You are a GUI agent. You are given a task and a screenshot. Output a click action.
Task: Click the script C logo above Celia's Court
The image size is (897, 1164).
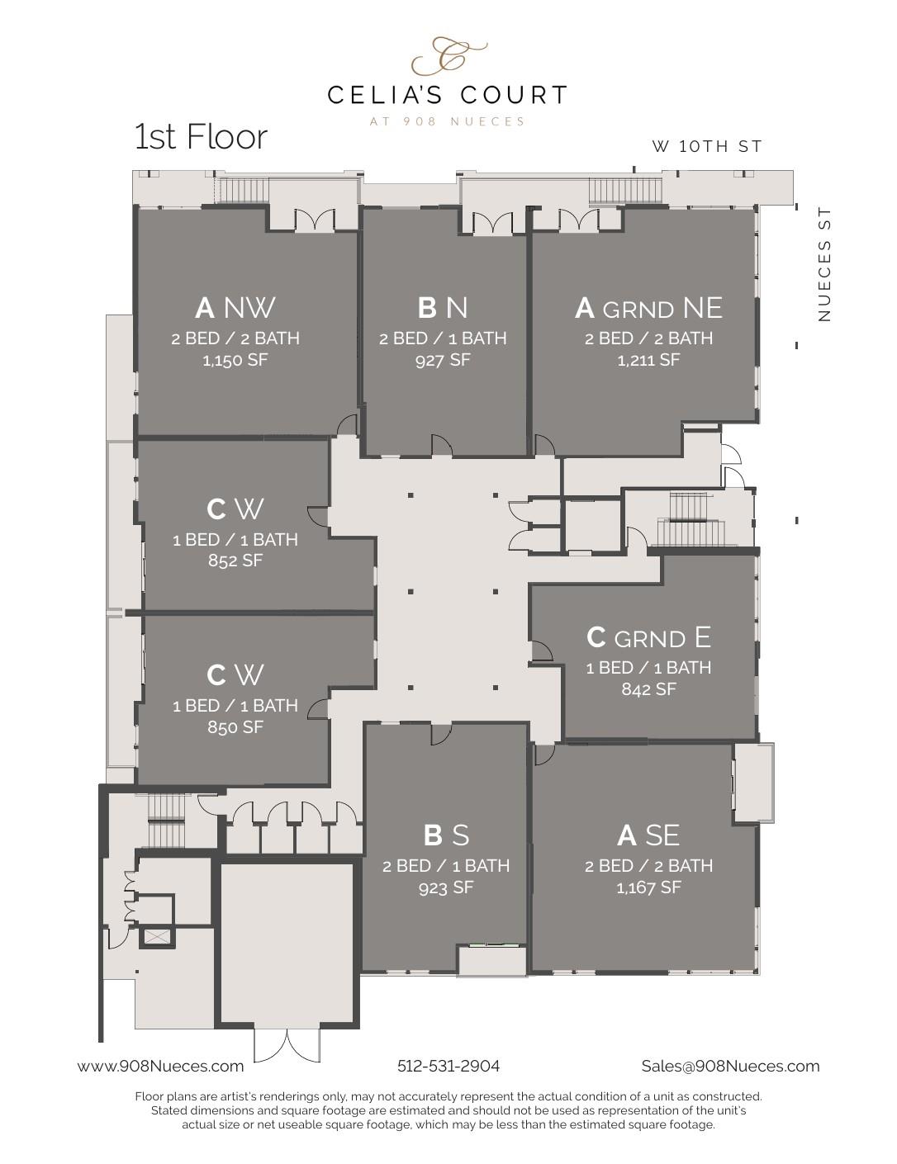(448, 56)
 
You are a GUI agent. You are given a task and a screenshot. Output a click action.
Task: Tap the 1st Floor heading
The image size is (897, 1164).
(201, 137)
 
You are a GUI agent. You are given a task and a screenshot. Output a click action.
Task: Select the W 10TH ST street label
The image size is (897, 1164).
(706, 147)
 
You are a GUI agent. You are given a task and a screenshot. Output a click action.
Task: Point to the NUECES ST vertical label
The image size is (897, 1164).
(823, 265)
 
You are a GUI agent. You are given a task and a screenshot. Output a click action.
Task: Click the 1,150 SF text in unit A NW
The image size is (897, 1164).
(235, 360)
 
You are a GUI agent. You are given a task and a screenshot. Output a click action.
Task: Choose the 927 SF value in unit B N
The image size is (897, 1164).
(443, 360)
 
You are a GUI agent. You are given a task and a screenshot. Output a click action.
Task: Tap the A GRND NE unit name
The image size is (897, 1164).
(648, 308)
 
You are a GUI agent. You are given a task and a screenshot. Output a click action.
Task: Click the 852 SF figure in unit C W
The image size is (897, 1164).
(235, 561)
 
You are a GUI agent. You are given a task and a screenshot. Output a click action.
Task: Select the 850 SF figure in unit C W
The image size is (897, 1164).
(235, 727)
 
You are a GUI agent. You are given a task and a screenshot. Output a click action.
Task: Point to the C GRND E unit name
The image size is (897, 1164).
(648, 637)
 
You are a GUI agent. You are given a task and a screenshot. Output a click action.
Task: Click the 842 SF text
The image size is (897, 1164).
(648, 689)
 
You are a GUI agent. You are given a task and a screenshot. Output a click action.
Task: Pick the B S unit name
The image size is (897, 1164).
(446, 835)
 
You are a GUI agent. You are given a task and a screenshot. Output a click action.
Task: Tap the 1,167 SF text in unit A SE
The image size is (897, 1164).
(648, 887)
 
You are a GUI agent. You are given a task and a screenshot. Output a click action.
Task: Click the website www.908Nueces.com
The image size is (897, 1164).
(161, 1066)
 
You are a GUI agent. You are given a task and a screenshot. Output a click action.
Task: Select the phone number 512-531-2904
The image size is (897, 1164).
(448, 1066)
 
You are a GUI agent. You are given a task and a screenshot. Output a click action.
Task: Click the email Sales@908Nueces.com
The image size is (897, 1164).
(730, 1066)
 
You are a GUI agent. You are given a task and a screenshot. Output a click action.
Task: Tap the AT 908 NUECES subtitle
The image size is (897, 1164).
(448, 121)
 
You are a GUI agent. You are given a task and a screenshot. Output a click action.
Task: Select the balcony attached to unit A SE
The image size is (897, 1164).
(753, 782)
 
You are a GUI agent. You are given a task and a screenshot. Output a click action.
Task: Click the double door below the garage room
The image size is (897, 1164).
(287, 1044)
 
